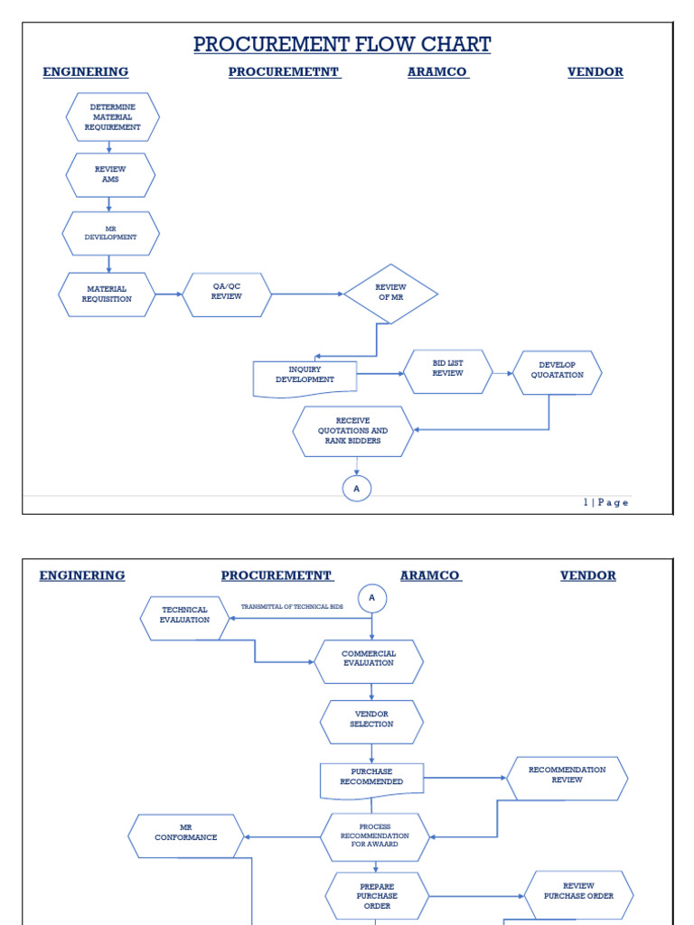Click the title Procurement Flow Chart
tap(342, 44)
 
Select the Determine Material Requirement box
tap(113, 117)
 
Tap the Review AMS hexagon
tap(110, 174)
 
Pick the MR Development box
tap(110, 233)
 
